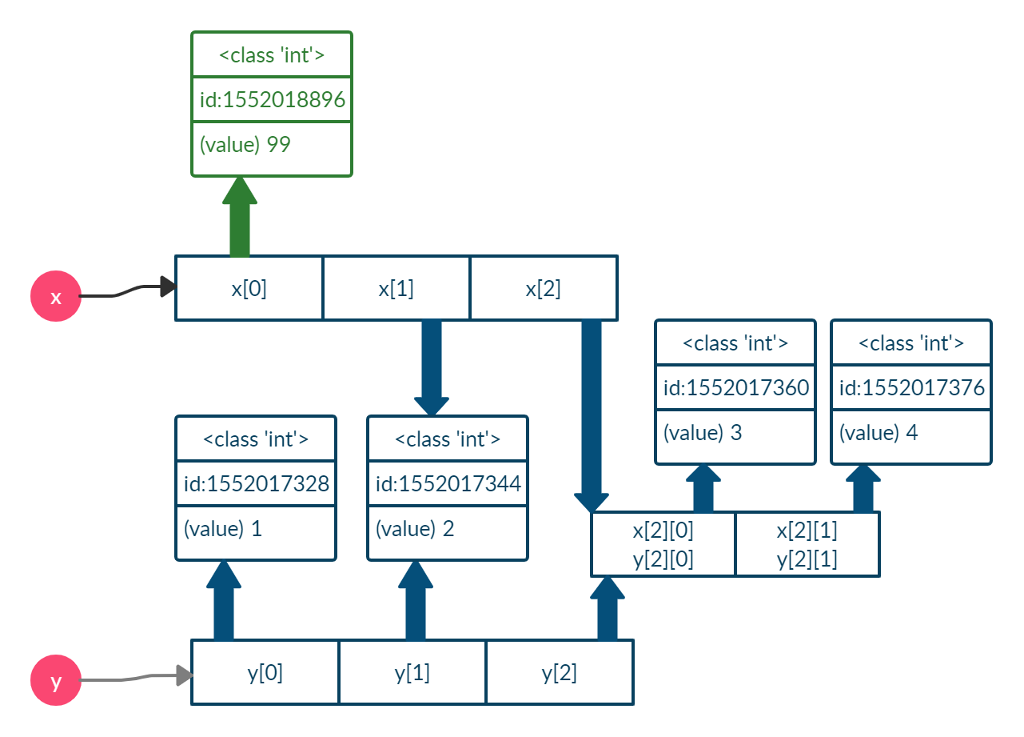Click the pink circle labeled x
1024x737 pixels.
pyautogui.click(x=56, y=297)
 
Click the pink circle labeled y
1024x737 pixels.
pyautogui.click(x=56, y=681)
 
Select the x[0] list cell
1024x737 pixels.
pyautogui.click(x=249, y=288)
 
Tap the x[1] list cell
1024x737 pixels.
pyautogui.click(x=396, y=288)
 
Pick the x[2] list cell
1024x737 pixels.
pyautogui.click(x=543, y=288)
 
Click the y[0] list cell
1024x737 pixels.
pyautogui.click(x=265, y=672)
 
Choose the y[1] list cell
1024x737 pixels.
pyautogui.click(x=412, y=672)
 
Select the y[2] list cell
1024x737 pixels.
pyautogui.click(x=559, y=672)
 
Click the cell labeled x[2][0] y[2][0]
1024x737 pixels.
pyautogui.click(x=663, y=544)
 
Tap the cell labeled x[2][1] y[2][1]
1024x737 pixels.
pyautogui.click(x=807, y=544)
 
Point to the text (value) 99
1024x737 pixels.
pyautogui.click(x=245, y=145)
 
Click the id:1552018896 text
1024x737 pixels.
pyautogui.click(x=272, y=100)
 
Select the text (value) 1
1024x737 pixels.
pyautogui.click(x=222, y=529)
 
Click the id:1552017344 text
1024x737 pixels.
pyautogui.click(x=448, y=484)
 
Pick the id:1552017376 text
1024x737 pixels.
pyautogui.click(x=911, y=388)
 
